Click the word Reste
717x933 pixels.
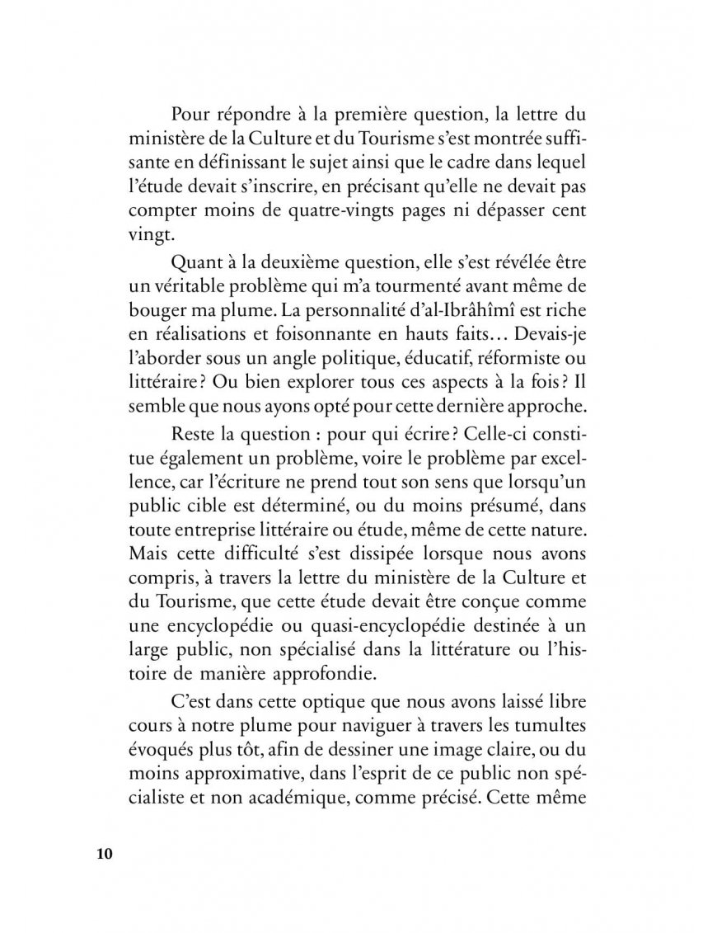pos(192,434)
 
